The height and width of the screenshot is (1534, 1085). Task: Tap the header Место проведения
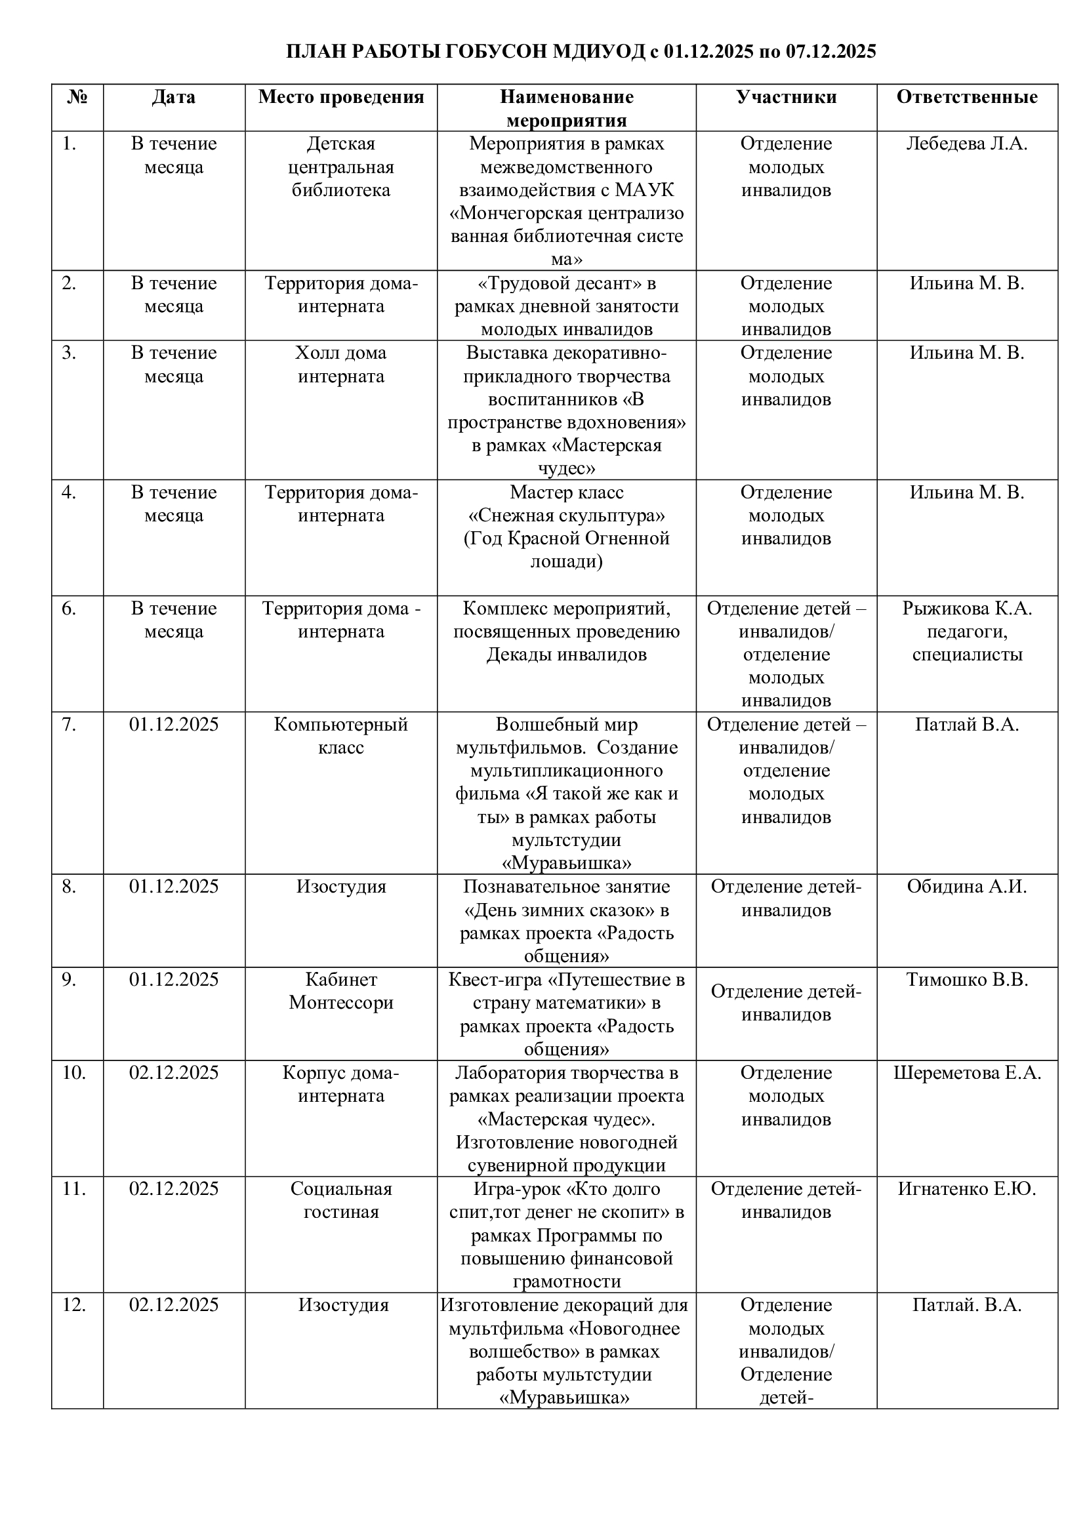pos(340,98)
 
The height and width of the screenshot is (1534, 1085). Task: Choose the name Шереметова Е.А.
pos(967,1072)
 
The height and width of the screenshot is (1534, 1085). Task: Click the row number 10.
pos(73,1072)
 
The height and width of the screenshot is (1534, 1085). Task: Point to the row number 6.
pos(69,609)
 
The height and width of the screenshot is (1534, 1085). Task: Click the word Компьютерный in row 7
pos(340,725)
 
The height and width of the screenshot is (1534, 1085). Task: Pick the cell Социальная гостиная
pos(340,1200)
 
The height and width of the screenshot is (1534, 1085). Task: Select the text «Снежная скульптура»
pos(566,515)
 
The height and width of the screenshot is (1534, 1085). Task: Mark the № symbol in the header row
pos(77,98)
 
